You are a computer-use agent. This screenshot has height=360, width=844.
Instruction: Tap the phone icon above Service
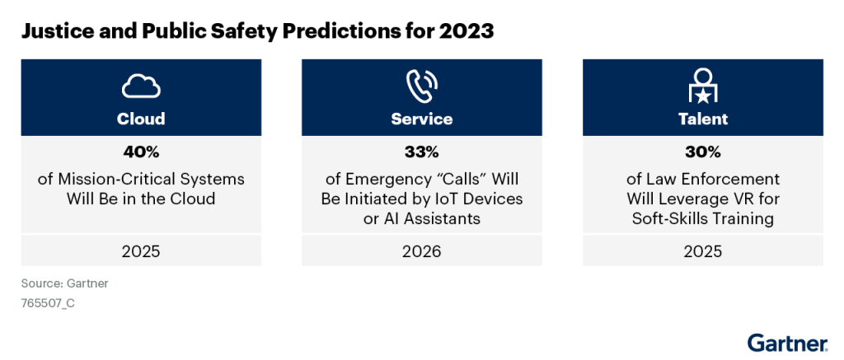[x=421, y=85]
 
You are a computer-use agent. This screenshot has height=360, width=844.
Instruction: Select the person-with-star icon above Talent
[x=703, y=84]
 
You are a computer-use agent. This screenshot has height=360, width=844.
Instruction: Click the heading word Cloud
[x=140, y=119]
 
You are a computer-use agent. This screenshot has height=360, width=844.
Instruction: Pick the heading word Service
[x=421, y=119]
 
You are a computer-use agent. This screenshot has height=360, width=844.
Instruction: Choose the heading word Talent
[x=703, y=119]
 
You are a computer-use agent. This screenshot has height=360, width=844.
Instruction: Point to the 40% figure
[x=140, y=152]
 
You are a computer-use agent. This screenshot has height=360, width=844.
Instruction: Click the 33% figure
[x=421, y=152]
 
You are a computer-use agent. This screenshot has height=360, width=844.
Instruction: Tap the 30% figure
[x=703, y=152]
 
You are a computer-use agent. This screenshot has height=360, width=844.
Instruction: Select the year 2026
[x=421, y=251]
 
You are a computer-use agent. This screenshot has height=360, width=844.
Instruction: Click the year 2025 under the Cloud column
[x=140, y=251]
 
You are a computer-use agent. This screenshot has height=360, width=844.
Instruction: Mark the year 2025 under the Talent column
[x=703, y=251]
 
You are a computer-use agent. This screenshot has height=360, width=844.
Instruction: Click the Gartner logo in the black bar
[x=787, y=343]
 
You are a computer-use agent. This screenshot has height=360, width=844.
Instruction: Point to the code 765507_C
[x=49, y=302]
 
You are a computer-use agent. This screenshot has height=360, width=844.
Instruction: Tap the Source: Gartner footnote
[x=65, y=283]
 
